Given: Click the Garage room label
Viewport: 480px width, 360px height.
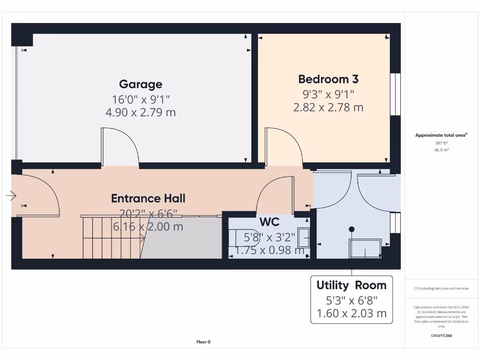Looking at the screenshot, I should click(141, 84).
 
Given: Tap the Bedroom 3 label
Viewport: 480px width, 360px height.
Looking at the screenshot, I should click(328, 79).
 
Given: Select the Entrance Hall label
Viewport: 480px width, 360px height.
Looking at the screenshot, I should click(148, 198).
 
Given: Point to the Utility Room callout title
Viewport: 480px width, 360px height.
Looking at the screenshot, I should click(351, 285).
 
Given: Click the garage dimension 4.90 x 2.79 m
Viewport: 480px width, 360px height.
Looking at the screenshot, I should click(141, 112).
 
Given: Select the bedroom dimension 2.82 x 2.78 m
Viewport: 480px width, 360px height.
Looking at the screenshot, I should click(328, 107).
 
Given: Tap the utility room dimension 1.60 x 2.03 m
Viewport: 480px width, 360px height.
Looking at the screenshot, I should click(351, 313).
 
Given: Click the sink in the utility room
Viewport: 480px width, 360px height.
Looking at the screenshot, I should click(365, 248).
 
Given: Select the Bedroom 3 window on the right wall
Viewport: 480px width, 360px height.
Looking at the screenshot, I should click(397, 94).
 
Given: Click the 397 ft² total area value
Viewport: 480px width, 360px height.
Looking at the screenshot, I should click(441, 142).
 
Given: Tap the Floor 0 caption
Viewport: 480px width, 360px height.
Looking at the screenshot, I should click(203, 342).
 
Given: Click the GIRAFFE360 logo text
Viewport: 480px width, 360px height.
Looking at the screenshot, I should click(441, 336).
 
